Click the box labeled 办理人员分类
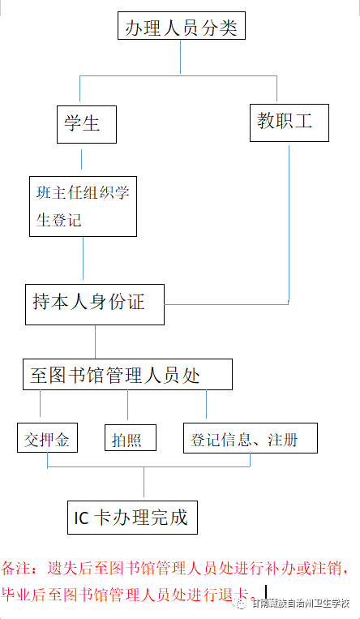pyautogui.click(x=182, y=26)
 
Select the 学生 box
pyautogui.click(x=87, y=124)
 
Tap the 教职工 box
pyautogui.click(x=289, y=123)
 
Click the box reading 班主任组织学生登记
pyautogui.click(x=83, y=206)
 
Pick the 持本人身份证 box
pyautogui.click(x=95, y=304)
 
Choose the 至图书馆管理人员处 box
pyautogui.click(x=127, y=374)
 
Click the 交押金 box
pyautogui.click(x=47, y=437)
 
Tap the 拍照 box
pyautogui.click(x=131, y=437)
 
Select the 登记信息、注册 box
pyautogui.click(x=251, y=438)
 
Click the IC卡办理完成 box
pyautogui.click(x=132, y=518)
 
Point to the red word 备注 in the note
pyautogui.click(x=15, y=569)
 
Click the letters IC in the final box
pyautogui.click(x=82, y=518)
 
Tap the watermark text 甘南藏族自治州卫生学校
pyautogui.click(x=301, y=604)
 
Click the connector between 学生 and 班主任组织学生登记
pyautogui.click(x=82, y=159)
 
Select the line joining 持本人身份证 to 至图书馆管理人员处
pyautogui.click(x=95, y=342)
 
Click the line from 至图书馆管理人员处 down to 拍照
pyautogui.click(x=127, y=405)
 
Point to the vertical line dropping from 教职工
pyautogui.click(x=289, y=224)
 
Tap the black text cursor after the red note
pyautogui.click(x=266, y=591)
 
